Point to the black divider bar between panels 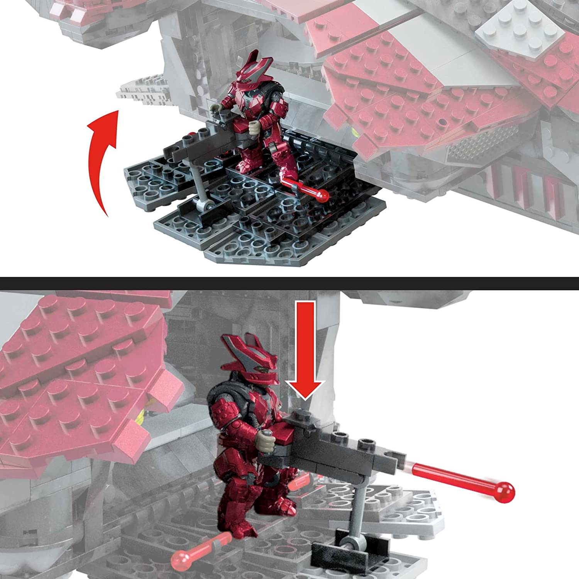point(289,283)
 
